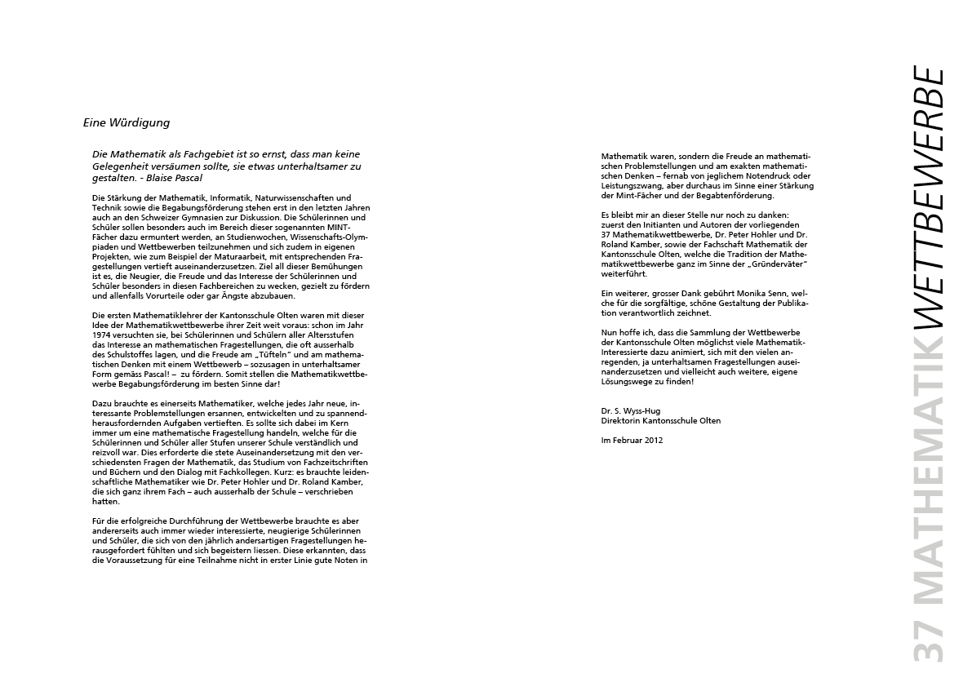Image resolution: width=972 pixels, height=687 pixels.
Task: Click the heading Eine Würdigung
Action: point(126,122)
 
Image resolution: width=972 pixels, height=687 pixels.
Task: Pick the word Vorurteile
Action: point(160,295)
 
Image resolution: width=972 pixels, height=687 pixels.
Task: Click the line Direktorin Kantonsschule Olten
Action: point(660,420)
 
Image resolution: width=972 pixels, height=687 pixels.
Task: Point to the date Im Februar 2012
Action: point(632,440)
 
